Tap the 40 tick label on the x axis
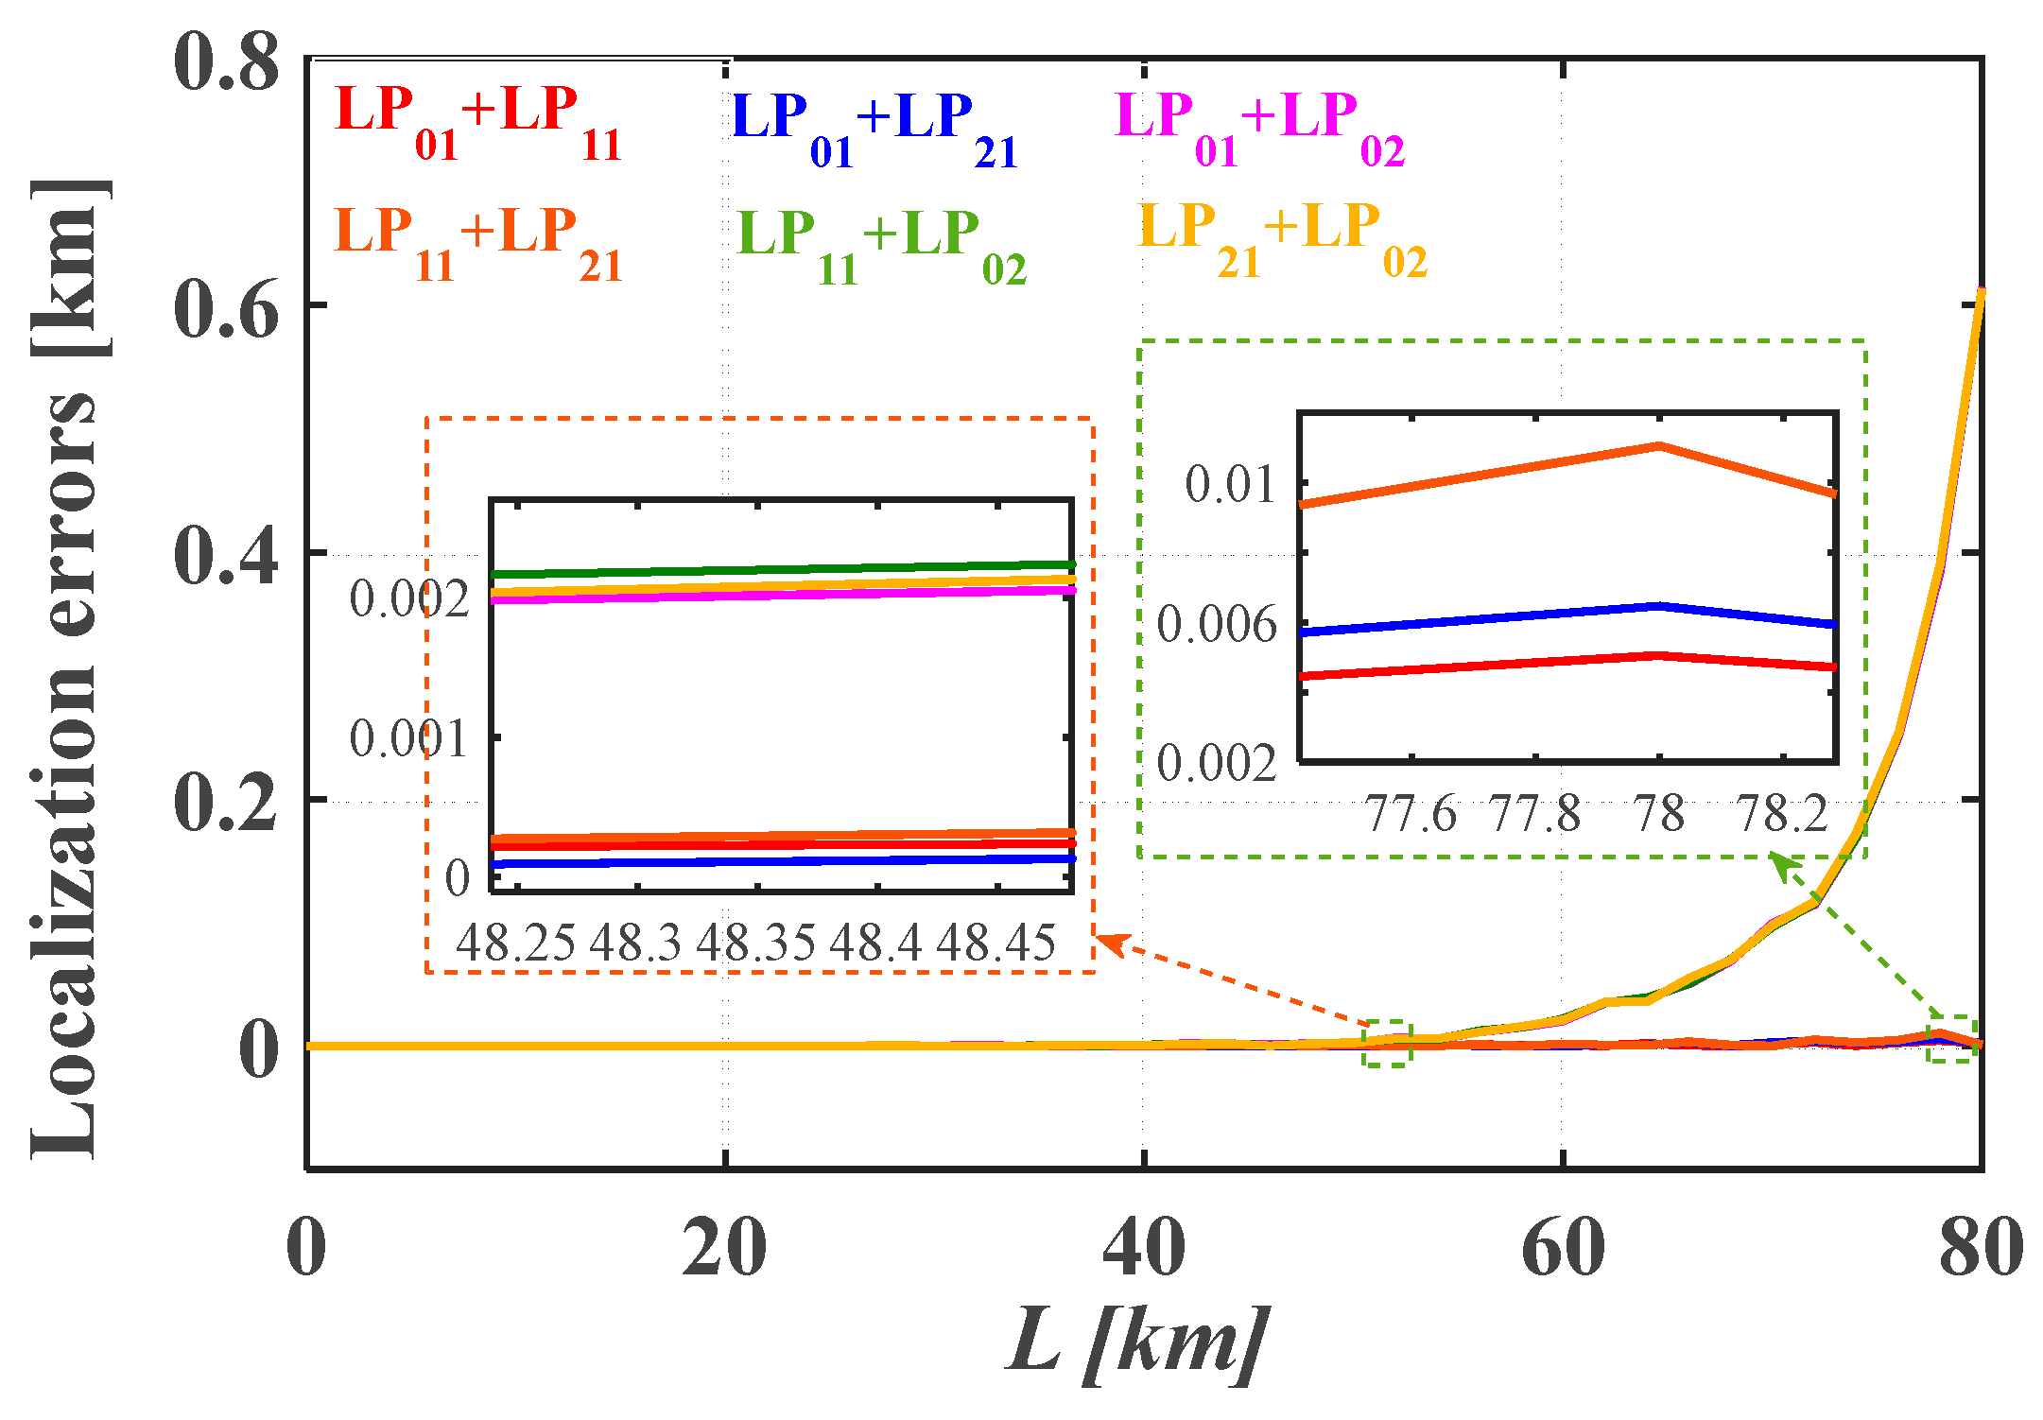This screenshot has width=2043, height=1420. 1143,1249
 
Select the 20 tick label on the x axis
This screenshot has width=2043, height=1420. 724,1249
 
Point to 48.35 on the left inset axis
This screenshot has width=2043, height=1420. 755,943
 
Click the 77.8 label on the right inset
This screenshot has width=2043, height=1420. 1534,814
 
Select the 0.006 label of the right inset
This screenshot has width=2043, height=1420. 1217,625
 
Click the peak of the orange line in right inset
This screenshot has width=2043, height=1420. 1659,445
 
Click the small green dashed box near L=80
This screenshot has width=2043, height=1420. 1951,1039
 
